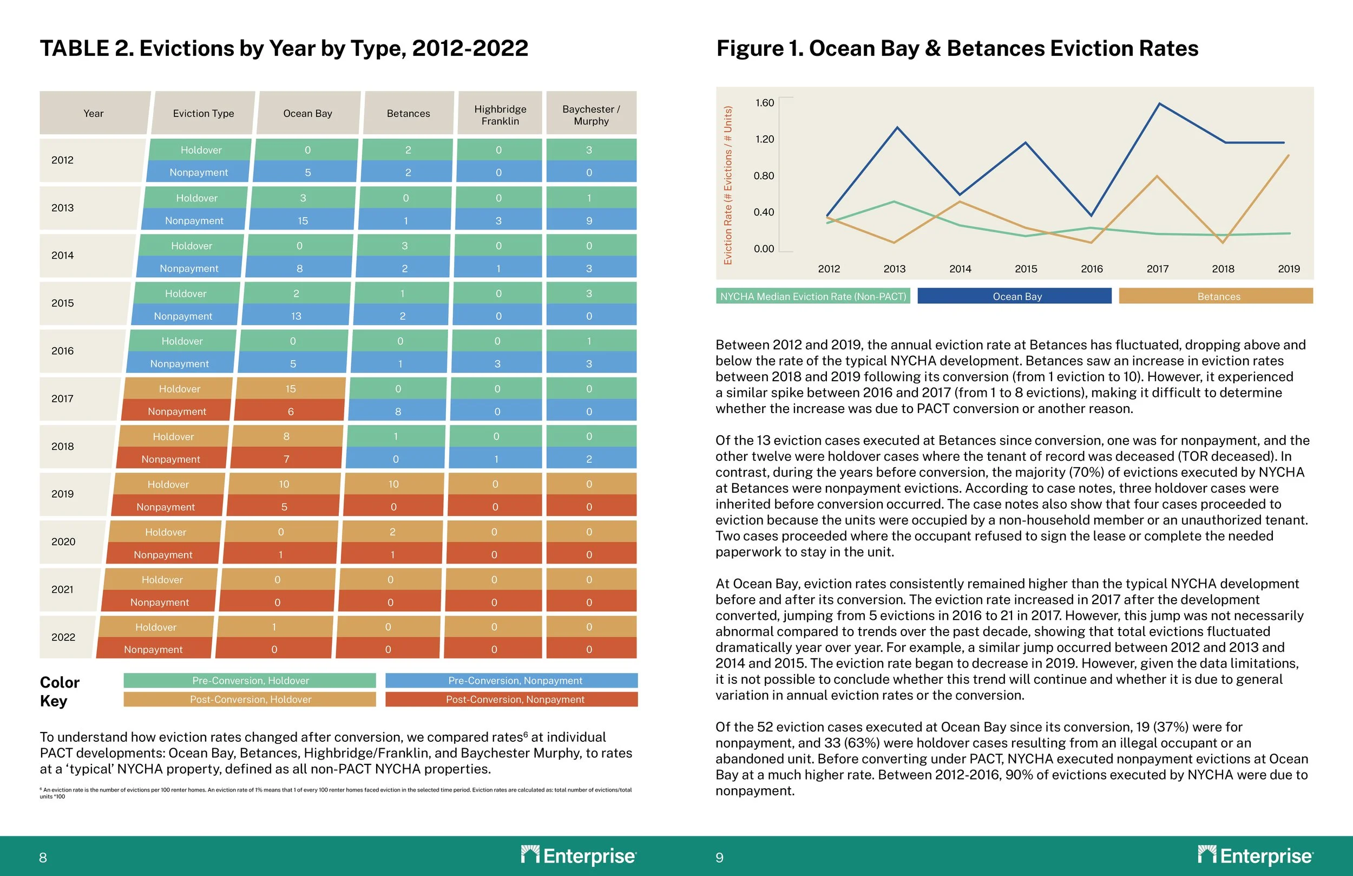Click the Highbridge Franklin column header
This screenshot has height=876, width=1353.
(x=500, y=114)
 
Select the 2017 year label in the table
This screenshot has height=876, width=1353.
(x=63, y=399)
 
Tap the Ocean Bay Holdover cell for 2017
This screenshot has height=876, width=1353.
(x=291, y=389)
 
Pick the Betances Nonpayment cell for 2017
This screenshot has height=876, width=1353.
(x=398, y=411)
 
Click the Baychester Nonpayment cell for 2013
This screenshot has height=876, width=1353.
(x=589, y=221)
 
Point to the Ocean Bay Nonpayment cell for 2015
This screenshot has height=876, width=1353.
(x=295, y=316)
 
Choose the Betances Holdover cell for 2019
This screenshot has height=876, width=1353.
(x=393, y=484)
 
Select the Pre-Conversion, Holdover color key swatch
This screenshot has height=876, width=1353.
(x=250, y=681)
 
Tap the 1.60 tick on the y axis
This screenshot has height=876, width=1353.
(x=764, y=103)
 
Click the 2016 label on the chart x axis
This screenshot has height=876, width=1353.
(x=1092, y=269)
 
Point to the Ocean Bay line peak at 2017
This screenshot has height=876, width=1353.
(x=1160, y=104)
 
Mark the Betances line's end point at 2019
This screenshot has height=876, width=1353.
(x=1288, y=155)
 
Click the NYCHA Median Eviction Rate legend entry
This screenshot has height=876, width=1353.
(x=813, y=296)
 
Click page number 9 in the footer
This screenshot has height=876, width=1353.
(x=719, y=858)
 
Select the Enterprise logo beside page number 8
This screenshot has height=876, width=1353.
(x=578, y=855)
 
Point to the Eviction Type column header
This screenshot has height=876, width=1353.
(x=203, y=114)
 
